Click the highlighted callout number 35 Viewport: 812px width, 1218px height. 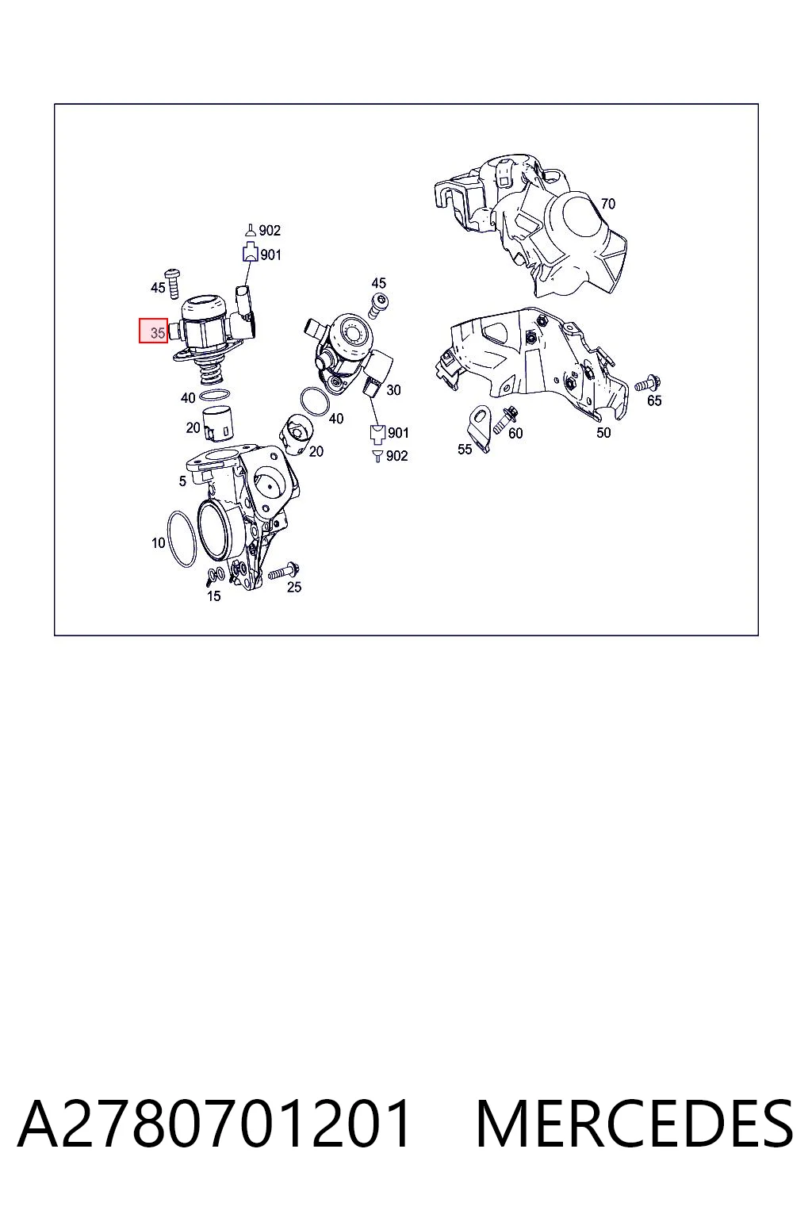click(x=153, y=331)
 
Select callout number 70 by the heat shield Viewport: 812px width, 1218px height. click(x=607, y=204)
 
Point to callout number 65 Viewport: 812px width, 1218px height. click(x=653, y=400)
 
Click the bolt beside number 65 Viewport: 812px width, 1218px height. click(x=647, y=383)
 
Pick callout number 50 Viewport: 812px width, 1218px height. click(x=603, y=433)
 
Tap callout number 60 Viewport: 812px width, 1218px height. click(x=515, y=434)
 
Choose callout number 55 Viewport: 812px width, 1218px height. click(x=465, y=449)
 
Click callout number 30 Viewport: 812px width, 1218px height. click(x=393, y=390)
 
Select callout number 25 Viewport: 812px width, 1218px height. click(x=293, y=587)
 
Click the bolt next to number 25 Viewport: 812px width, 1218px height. click(x=284, y=571)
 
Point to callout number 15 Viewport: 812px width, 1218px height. click(x=214, y=596)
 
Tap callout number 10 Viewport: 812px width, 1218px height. click(x=158, y=542)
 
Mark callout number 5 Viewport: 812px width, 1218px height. click(x=182, y=481)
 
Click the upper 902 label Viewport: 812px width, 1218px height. click(x=270, y=231)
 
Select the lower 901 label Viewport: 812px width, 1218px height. click(x=397, y=433)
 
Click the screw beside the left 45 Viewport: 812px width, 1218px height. click(x=173, y=283)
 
